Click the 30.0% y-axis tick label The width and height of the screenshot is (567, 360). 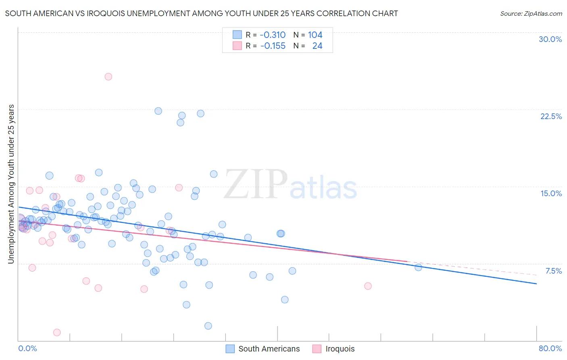pyautogui.click(x=550, y=39)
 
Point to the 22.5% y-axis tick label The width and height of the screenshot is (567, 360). pyautogui.click(x=551, y=116)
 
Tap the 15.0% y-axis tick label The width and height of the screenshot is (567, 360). pyautogui.click(x=551, y=193)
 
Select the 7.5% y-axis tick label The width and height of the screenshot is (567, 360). pyautogui.click(x=553, y=271)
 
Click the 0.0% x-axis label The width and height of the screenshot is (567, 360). pyautogui.click(x=27, y=348)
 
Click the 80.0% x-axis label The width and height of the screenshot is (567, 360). pyautogui.click(x=550, y=348)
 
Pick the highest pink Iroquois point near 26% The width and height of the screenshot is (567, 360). pyautogui.click(x=108, y=77)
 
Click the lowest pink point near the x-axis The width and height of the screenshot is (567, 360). pyautogui.click(x=57, y=333)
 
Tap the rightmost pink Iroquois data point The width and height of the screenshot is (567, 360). pyautogui.click(x=368, y=286)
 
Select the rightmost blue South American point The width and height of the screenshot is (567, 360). pyautogui.click(x=418, y=267)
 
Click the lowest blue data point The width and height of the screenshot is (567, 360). pyautogui.click(x=208, y=326)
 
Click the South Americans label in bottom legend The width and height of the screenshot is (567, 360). pyautogui.click(x=269, y=349)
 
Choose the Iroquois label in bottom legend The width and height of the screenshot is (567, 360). pyautogui.click(x=340, y=349)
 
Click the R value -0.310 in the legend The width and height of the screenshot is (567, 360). pyautogui.click(x=273, y=35)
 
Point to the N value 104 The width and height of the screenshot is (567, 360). pyautogui.click(x=315, y=35)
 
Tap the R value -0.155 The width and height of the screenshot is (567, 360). pyautogui.click(x=273, y=46)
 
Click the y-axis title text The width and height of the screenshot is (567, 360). pyautogui.click(x=11, y=184)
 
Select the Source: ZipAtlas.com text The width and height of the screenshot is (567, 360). pyautogui.click(x=531, y=14)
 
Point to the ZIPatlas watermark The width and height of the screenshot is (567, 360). pyautogui.click(x=290, y=185)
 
